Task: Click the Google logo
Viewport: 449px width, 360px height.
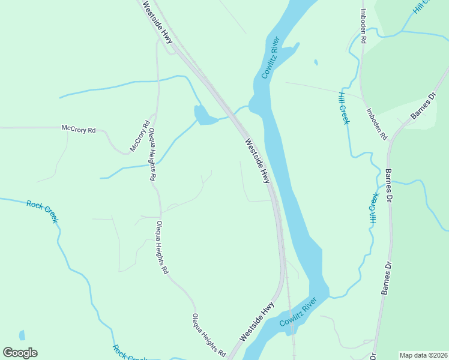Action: click(20, 353)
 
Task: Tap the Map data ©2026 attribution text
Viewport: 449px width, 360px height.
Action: click(424, 355)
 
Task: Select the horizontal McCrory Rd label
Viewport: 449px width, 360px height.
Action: click(79, 128)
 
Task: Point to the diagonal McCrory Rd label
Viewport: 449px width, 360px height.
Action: click(139, 137)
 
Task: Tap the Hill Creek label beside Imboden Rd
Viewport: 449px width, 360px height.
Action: click(343, 109)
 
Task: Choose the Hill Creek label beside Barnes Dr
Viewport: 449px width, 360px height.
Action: click(374, 209)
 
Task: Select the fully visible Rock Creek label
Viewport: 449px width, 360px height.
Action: click(43, 211)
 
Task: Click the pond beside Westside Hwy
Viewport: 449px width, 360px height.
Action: click(203, 115)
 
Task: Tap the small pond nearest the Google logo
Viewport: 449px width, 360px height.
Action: click(22, 335)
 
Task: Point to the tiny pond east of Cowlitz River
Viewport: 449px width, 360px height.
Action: click(315, 62)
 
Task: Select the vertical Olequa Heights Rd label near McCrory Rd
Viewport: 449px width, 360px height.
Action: click(152, 155)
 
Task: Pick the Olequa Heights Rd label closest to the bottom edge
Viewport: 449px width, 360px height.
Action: click(208, 334)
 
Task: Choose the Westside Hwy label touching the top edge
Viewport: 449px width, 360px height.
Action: click(158, 22)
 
